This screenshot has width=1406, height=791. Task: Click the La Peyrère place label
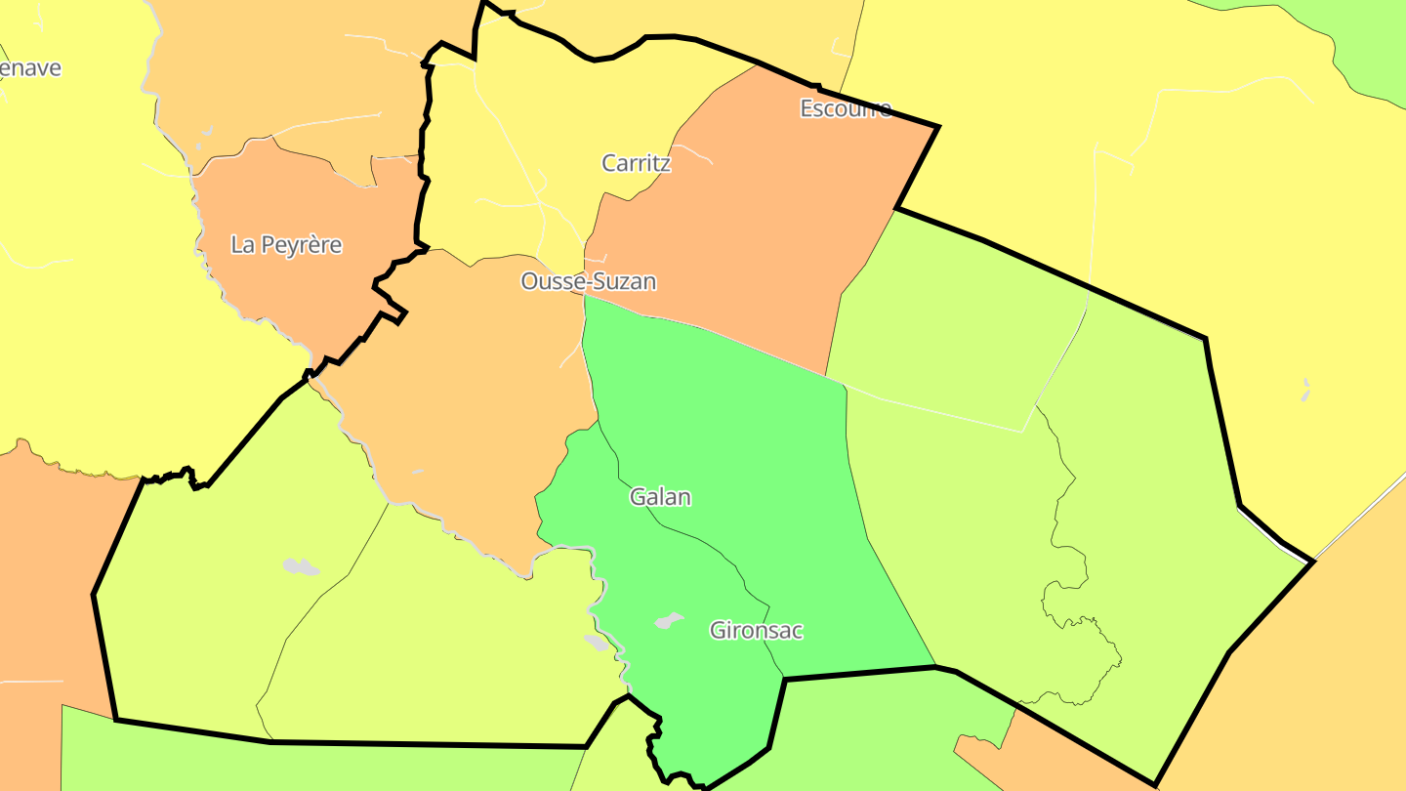coord(286,244)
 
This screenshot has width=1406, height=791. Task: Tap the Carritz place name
coord(636,163)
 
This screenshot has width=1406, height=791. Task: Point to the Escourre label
coord(846,108)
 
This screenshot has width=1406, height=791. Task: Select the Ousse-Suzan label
coord(588,281)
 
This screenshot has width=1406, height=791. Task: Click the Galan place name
coord(660,497)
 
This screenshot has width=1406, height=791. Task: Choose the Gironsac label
coord(756,630)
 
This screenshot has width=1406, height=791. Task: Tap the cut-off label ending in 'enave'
coord(29,68)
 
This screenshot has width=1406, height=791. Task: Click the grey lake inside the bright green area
coord(669,620)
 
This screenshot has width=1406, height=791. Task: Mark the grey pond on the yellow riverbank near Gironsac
coord(596,643)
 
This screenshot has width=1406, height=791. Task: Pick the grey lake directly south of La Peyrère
coord(300,566)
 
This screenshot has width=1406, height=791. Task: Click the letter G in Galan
coord(638,497)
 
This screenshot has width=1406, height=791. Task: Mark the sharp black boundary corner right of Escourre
coord(938,126)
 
